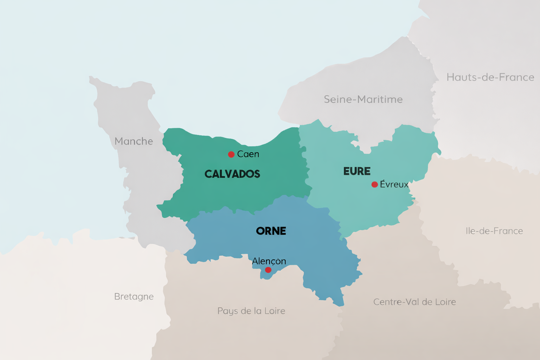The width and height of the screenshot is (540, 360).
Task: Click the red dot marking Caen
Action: [x=231, y=154]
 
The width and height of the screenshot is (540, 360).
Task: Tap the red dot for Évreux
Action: [x=374, y=185]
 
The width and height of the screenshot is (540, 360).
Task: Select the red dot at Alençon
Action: [x=268, y=270]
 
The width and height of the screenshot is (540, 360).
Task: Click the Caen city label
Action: [x=248, y=154]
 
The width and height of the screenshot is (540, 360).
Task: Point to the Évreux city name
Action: [x=394, y=185]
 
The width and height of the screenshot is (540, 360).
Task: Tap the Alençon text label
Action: [x=269, y=261]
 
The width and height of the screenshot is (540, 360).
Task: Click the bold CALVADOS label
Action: [x=232, y=174]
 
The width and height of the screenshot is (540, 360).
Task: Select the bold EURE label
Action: [x=357, y=172]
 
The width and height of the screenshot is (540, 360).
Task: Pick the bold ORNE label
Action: [x=271, y=231]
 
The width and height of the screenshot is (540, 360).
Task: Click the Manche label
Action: [x=134, y=141]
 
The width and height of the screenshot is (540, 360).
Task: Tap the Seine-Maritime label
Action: [x=363, y=99]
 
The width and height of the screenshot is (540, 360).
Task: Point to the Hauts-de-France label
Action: [x=490, y=77]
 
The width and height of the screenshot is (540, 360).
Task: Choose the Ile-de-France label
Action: [x=494, y=231]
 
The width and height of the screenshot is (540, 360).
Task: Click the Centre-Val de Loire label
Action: [x=414, y=302]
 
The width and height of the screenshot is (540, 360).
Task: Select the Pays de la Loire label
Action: [x=251, y=311]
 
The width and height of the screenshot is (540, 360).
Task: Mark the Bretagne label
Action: [x=134, y=297]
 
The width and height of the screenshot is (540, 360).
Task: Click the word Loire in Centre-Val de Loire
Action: [x=444, y=302]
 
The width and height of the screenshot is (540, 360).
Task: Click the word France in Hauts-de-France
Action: [x=516, y=77]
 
